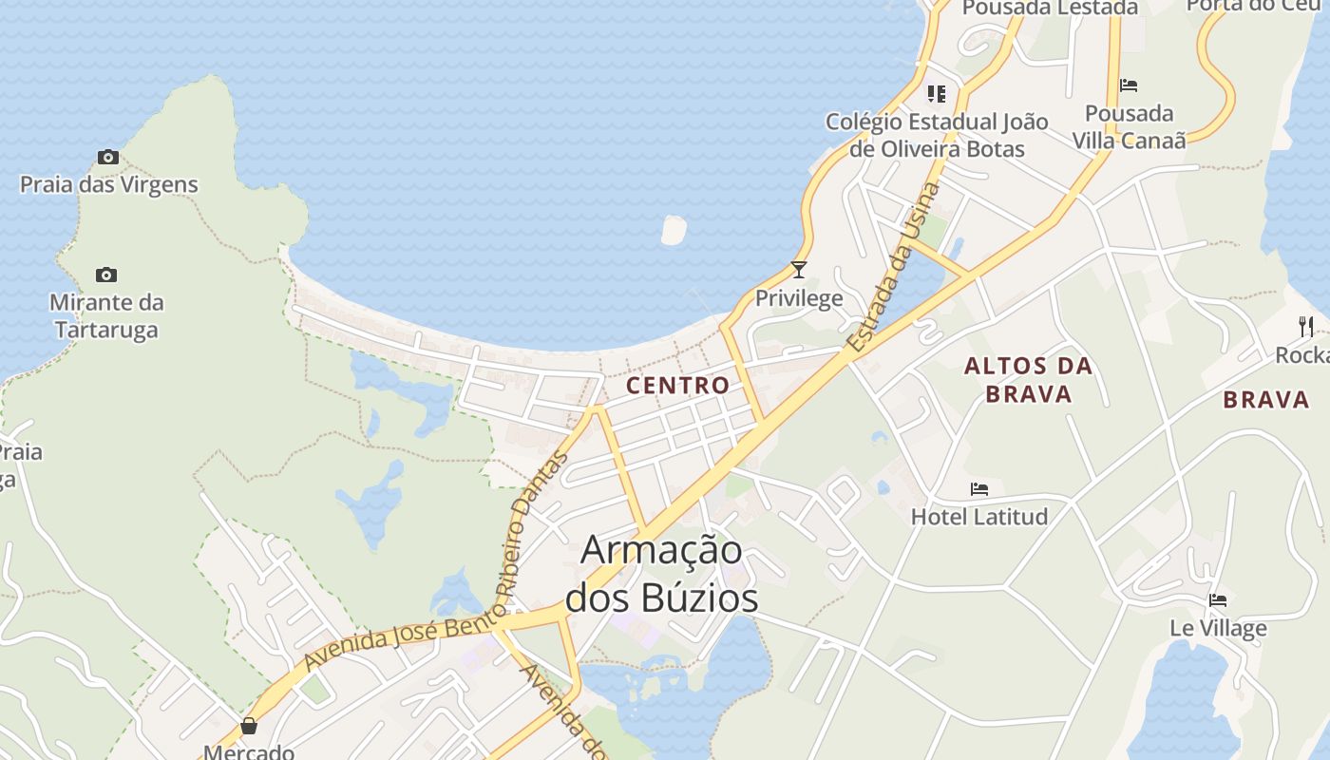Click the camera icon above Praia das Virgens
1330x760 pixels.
pyautogui.click(x=108, y=157)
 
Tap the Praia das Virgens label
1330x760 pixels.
pyautogui.click(x=109, y=184)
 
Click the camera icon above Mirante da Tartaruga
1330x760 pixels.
pyautogui.click(x=106, y=275)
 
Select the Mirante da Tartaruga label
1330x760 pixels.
pyautogui.click(x=106, y=316)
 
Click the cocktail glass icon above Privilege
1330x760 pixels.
pyautogui.click(x=799, y=270)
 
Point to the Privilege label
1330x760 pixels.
pyautogui.click(x=799, y=298)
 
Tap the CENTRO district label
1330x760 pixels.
pyautogui.click(x=678, y=385)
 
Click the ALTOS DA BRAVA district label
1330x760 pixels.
pyautogui.click(x=1029, y=380)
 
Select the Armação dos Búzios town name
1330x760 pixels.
pyautogui.click(x=662, y=574)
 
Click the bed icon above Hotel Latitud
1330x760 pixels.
pyautogui.click(x=979, y=489)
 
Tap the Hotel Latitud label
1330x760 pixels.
pyautogui.click(x=979, y=517)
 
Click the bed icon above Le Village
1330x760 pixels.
pyautogui.click(x=1218, y=600)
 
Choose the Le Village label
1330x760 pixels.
pyautogui.click(x=1218, y=628)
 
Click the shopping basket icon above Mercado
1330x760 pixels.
pyautogui.click(x=249, y=727)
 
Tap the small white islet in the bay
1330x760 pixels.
pyautogui.click(x=674, y=230)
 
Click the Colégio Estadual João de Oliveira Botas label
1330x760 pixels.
pyautogui.click(x=937, y=135)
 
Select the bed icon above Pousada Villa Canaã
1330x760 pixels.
pyautogui.click(x=1129, y=85)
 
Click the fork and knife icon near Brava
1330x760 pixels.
pyautogui.click(x=1306, y=327)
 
